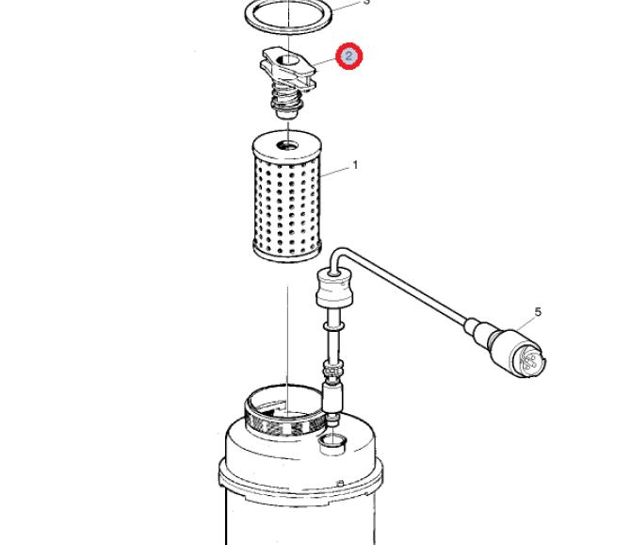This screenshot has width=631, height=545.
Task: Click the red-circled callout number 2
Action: [x=348, y=56]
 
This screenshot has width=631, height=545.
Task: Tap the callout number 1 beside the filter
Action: [x=355, y=165]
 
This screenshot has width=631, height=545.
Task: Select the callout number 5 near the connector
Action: [x=538, y=312]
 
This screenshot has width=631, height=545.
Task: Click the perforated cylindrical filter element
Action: [x=286, y=195]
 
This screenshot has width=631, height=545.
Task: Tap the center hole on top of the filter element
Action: [x=287, y=144]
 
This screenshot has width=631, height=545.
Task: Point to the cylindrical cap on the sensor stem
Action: [x=334, y=288]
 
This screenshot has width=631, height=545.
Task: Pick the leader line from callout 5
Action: [x=526, y=324]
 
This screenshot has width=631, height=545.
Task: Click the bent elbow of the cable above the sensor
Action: [x=337, y=255]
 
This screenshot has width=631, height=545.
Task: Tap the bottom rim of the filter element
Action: [x=286, y=253]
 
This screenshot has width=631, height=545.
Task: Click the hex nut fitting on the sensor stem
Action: [x=333, y=368]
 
